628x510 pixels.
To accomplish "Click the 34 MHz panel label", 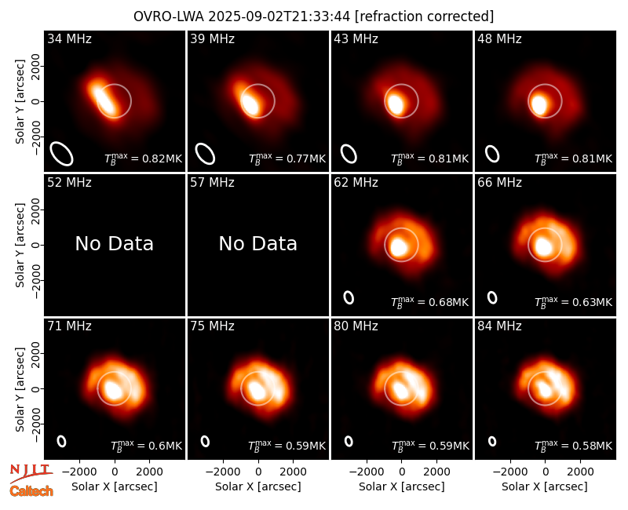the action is (69, 38).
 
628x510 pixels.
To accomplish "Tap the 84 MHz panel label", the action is (499, 326).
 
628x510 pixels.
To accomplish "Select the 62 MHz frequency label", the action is (356, 183).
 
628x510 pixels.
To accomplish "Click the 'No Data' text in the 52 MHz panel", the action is (115, 244).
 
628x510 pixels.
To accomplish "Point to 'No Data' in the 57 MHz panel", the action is (258, 244).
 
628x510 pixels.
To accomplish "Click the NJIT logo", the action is (31, 472).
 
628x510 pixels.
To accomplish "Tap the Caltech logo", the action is (31, 491).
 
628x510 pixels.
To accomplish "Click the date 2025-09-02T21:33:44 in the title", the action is (279, 16).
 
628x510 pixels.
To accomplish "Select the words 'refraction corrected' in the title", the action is (424, 16).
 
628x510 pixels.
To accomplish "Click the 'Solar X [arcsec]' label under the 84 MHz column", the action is (545, 486).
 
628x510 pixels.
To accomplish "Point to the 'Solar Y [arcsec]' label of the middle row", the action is (20, 245).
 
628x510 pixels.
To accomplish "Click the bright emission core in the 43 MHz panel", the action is (396, 104).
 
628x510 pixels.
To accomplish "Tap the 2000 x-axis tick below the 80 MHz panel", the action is (436, 472).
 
